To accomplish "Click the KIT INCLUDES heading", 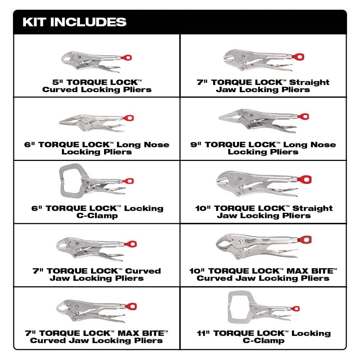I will click(75, 22).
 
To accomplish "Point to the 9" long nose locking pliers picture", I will click(263, 121).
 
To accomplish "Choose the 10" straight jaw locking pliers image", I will click(263, 180).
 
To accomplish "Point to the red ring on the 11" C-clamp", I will click(296, 309).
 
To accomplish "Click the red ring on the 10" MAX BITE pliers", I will click(307, 240).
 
